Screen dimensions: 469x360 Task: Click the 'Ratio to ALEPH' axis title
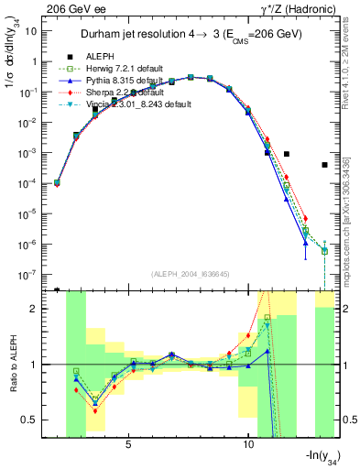[x=11, y=365]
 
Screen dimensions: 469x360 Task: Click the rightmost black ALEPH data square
[x=324, y=165]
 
